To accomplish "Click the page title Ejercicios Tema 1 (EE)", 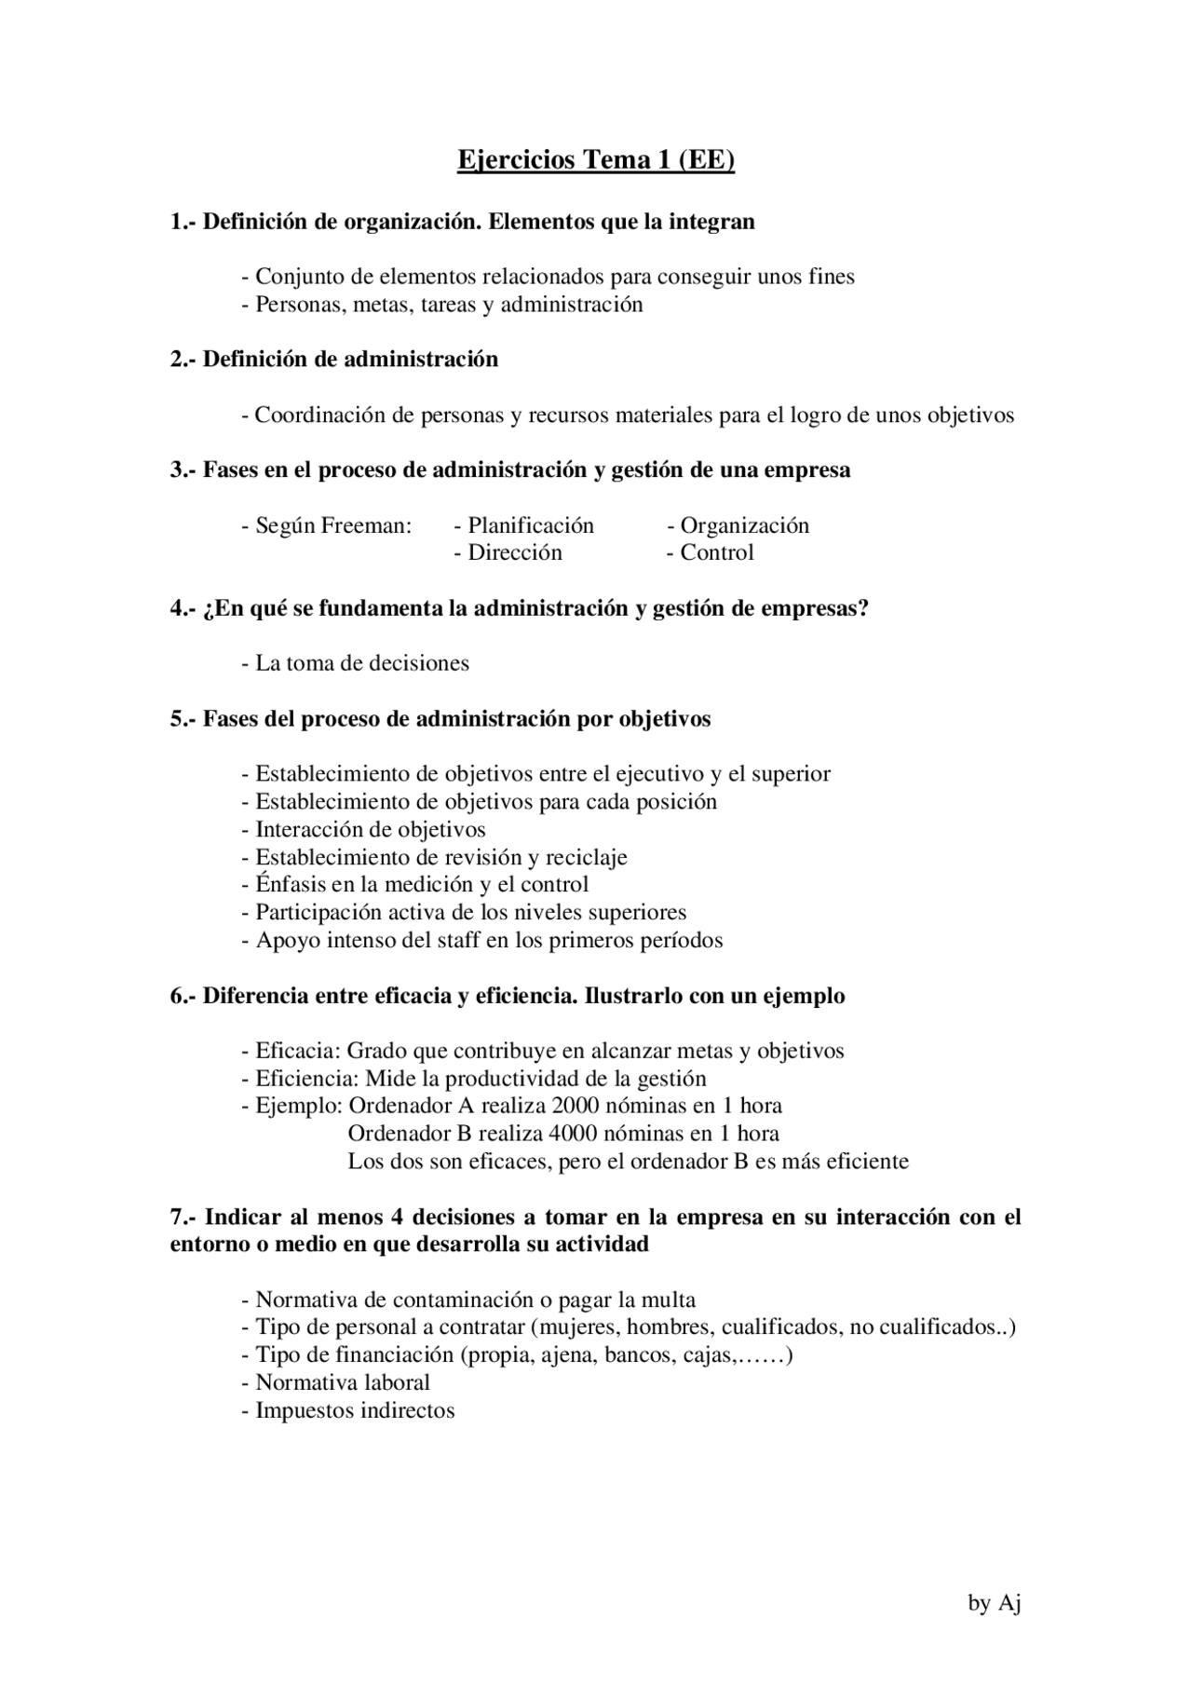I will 596,160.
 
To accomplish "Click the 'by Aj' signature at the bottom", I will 995,1602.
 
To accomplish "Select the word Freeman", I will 366,525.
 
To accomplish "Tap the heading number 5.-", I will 183,719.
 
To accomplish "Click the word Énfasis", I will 291,885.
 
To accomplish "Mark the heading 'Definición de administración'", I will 350,360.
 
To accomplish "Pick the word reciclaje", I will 586,857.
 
